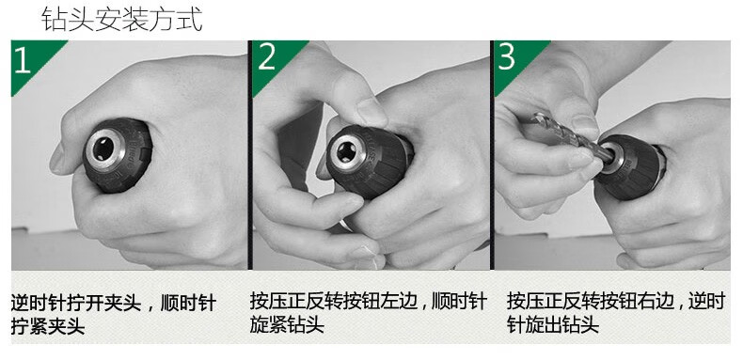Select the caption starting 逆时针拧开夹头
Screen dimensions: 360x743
[x=113, y=314]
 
